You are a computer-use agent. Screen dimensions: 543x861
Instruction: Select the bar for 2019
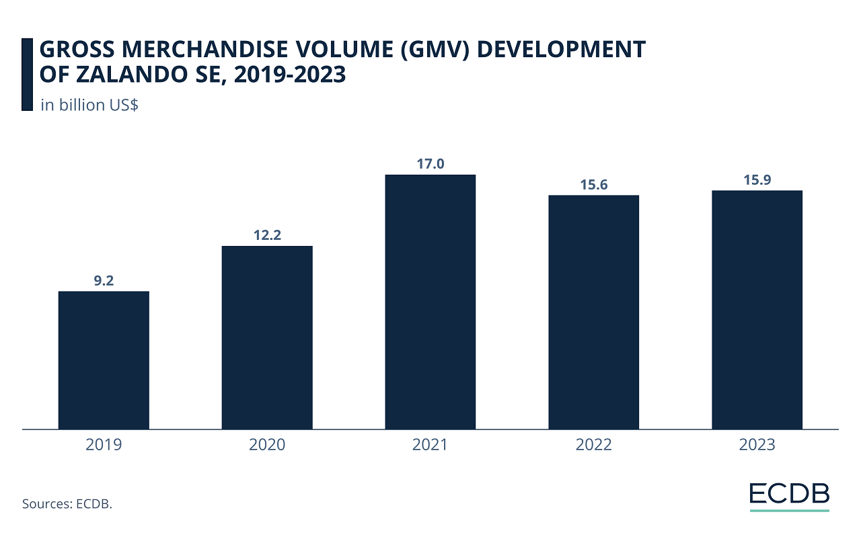104,360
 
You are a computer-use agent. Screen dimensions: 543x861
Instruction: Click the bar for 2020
267,337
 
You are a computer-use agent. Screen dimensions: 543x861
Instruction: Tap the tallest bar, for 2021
430,302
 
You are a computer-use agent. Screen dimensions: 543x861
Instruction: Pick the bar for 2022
594,312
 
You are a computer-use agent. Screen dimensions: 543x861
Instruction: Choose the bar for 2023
757,310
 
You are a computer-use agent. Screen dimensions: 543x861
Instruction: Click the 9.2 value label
104,281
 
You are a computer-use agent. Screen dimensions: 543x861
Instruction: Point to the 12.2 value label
267,236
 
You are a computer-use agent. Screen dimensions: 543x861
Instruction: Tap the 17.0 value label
430,164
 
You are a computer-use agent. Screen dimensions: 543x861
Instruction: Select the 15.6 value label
594,185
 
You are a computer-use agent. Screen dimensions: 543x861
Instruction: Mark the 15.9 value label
757,180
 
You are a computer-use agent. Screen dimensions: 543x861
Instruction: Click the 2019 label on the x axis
104,445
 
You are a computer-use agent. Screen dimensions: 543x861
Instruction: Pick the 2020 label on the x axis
267,445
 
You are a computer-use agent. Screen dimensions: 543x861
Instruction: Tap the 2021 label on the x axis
430,445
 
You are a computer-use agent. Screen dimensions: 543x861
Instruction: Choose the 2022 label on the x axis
594,445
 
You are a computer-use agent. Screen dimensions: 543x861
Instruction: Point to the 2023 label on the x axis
757,445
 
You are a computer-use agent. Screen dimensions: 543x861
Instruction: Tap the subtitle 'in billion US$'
89,105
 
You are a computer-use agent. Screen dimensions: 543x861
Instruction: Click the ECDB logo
790,494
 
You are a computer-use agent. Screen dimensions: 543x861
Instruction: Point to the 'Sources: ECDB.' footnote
67,503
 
